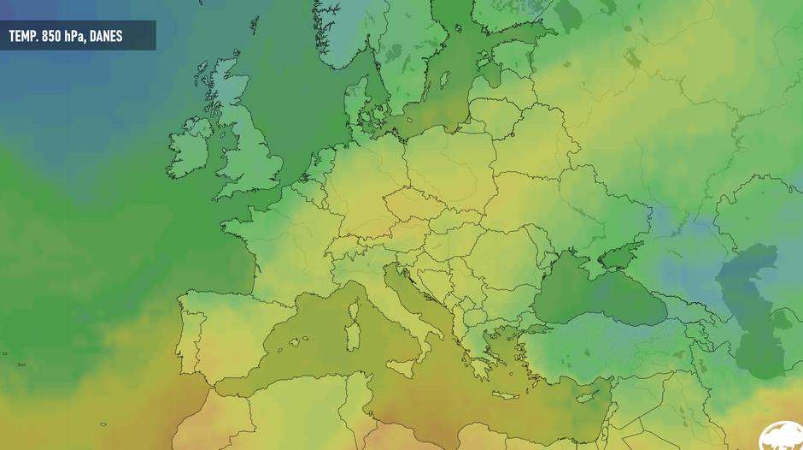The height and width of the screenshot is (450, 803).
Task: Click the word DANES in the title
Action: coord(105,37)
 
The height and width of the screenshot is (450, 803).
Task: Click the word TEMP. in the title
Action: coord(24,37)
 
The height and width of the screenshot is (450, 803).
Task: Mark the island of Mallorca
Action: coord(293,342)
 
